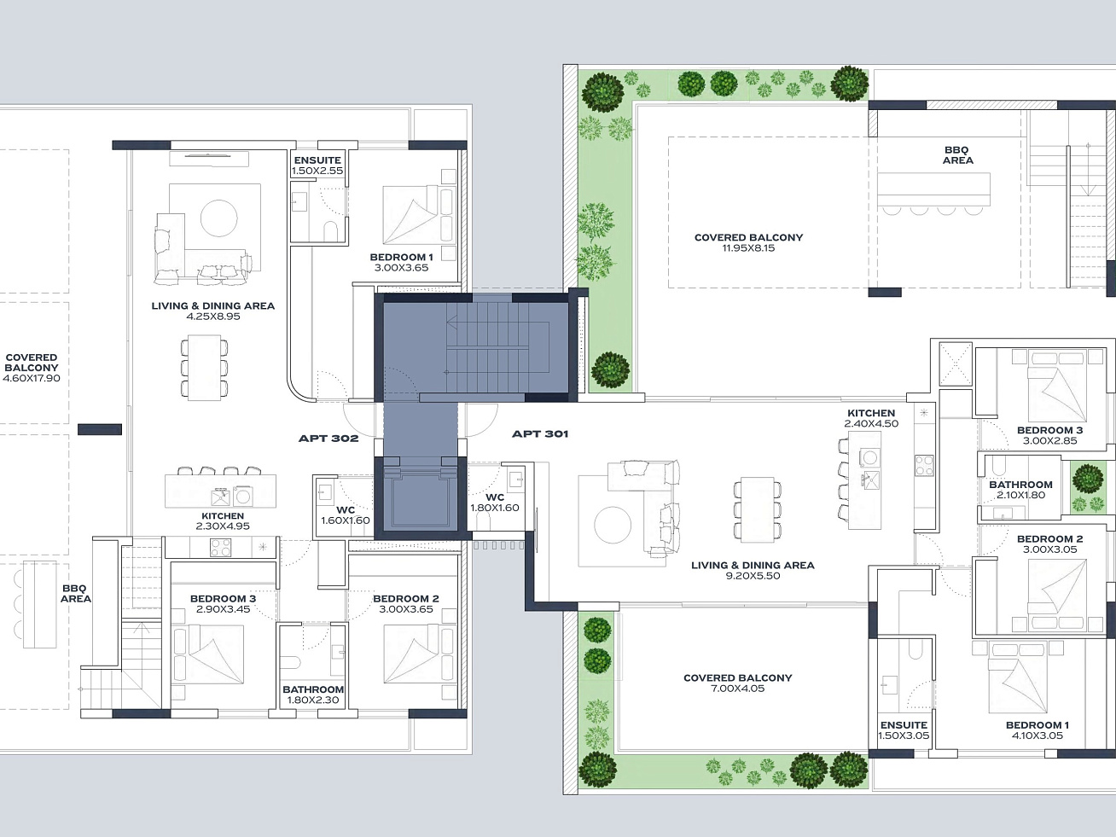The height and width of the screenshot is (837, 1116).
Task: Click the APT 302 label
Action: tap(328, 438)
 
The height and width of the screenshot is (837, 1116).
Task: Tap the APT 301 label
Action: tap(540, 433)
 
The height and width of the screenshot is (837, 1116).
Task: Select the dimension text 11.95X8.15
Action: tap(748, 248)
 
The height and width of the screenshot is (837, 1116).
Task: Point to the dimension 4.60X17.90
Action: tap(32, 378)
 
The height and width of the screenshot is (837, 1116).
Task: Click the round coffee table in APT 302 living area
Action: tap(218, 218)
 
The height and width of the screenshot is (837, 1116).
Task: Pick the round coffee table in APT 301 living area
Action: tap(613, 525)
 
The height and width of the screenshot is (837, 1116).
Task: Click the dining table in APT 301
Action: tap(758, 509)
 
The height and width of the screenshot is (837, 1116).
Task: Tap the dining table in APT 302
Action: tap(204, 368)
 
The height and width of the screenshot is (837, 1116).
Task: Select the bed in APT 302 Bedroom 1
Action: tap(410, 215)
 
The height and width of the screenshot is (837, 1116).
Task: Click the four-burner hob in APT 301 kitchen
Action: tap(924, 466)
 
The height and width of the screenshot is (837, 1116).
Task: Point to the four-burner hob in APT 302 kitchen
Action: tap(221, 548)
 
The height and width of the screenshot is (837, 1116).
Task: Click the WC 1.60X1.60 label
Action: tap(346, 514)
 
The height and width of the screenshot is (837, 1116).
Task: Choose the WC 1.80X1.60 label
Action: tap(495, 502)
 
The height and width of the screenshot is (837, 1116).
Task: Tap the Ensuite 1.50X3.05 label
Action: tap(904, 729)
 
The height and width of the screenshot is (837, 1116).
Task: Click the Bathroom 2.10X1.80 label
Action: tap(1020, 490)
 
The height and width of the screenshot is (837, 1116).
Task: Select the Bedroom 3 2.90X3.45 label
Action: tap(224, 604)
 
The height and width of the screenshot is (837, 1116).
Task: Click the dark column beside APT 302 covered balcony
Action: tap(100, 429)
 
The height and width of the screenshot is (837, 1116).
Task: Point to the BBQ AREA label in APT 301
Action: tap(958, 155)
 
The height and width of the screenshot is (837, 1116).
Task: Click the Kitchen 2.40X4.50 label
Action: tap(871, 418)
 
